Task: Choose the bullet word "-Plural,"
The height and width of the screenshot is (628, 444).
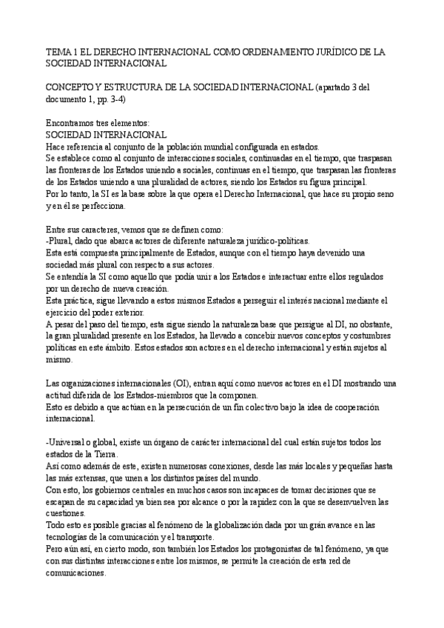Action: point(61,241)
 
